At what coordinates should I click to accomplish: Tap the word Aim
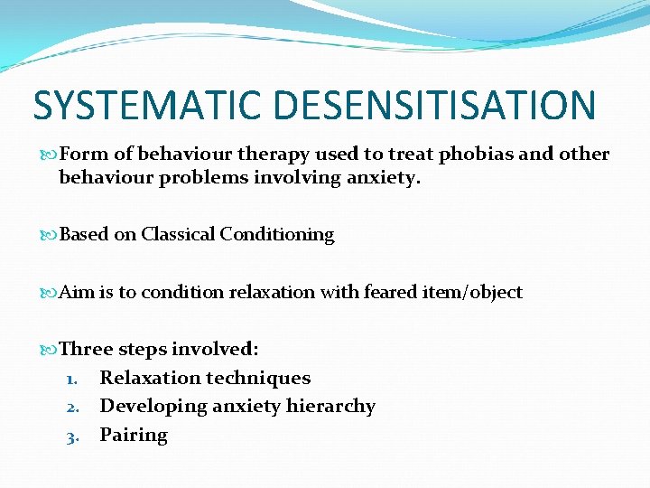click(77, 292)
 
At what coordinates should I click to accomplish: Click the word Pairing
click(134, 436)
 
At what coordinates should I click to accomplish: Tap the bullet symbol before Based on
click(49, 235)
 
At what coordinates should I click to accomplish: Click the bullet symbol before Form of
click(49, 155)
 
